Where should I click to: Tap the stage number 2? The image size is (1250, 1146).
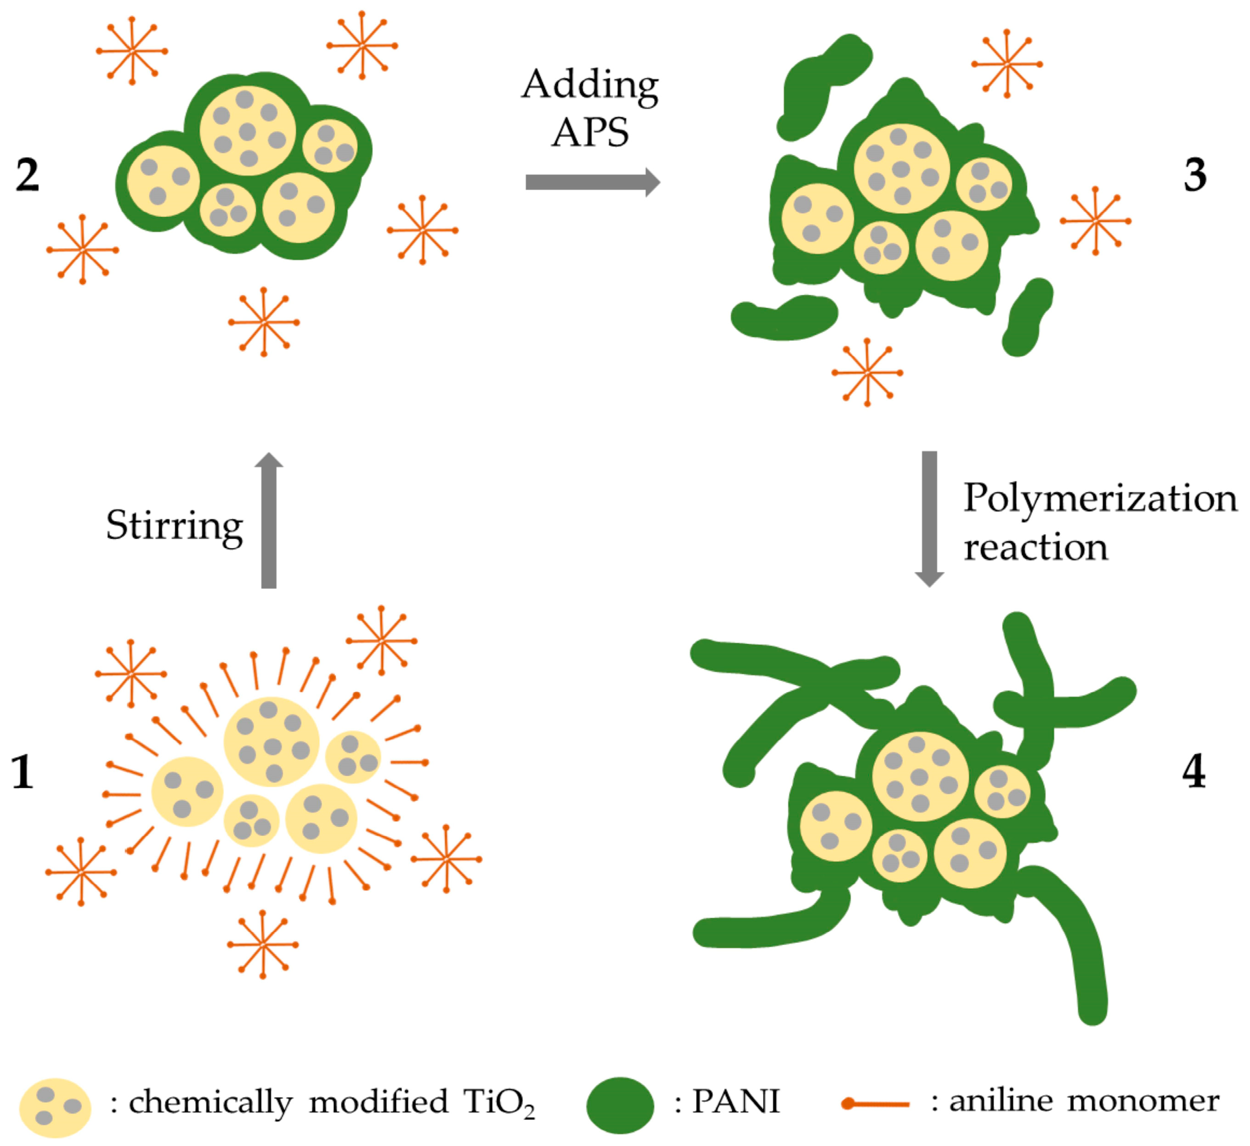pos(27,175)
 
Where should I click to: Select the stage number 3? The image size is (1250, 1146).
pos(1195,175)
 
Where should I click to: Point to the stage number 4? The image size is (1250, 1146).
pos(1193,772)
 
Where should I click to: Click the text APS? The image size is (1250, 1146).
pos(590,133)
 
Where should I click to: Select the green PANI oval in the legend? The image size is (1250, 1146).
pos(620,1105)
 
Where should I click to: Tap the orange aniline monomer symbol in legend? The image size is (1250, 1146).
pos(875,1104)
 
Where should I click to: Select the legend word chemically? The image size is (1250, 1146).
pos(210,1104)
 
